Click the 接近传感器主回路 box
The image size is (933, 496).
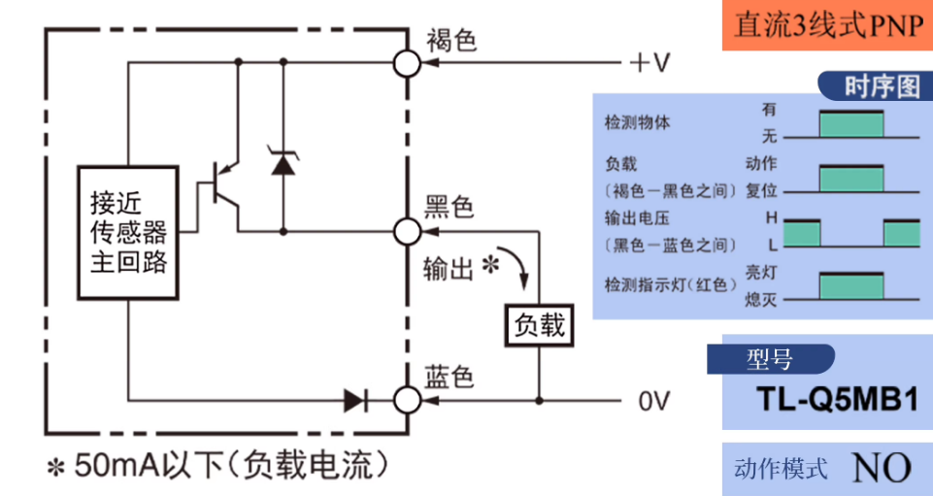click(x=128, y=232)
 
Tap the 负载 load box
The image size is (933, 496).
click(x=539, y=324)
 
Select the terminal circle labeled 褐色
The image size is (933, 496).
click(x=408, y=63)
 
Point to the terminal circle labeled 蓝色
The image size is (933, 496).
click(x=408, y=399)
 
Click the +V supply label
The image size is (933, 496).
click(x=650, y=63)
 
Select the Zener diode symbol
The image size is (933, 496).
click(x=283, y=163)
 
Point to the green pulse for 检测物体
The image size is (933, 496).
click(x=851, y=123)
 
